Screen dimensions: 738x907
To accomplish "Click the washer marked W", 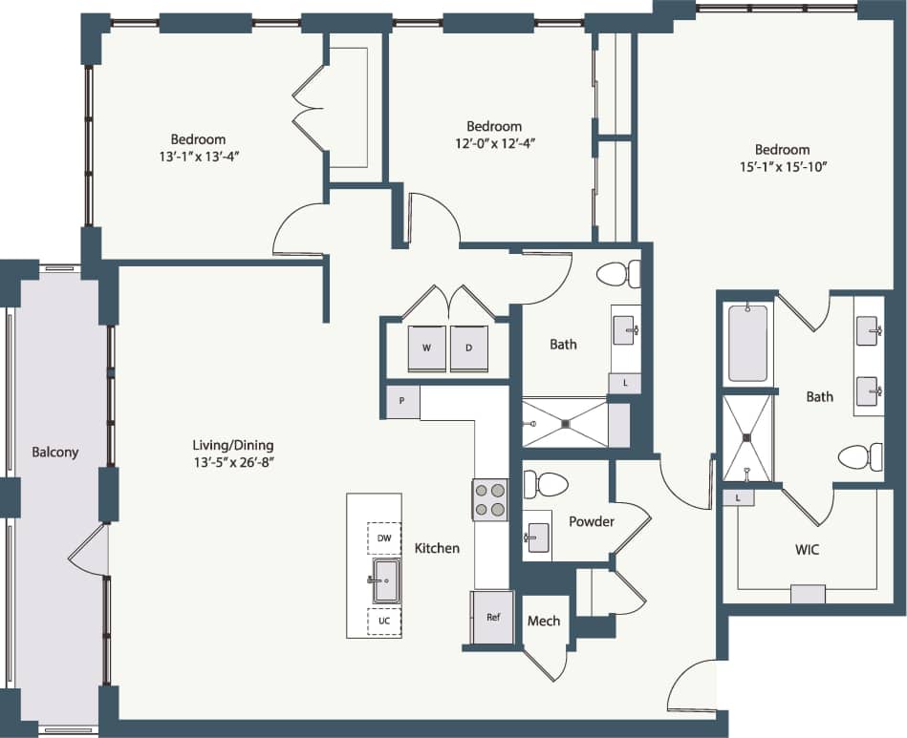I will coord(426,348).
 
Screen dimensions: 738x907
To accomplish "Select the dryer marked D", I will coord(469,348).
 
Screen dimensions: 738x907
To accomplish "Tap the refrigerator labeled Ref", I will coord(493,617).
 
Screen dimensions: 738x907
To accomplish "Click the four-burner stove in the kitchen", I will coord(489,499).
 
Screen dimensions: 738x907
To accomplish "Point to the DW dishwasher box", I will coord(384,538).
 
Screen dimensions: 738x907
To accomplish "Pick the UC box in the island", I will coord(384,621).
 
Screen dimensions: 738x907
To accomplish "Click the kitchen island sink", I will coord(386,580).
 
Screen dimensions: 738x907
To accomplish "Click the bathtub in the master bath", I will coord(747,343).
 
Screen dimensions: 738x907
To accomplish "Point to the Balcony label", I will coord(54,452).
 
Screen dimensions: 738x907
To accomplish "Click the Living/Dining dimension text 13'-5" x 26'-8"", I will coord(233,462).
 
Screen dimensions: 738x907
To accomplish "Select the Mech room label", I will coord(544,621).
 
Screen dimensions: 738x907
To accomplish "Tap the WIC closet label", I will coord(808,550).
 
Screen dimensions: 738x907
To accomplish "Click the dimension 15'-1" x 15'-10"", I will coord(782,166).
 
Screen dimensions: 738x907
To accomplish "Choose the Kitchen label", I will coord(437,548).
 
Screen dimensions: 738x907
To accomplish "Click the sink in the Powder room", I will coord(537,536).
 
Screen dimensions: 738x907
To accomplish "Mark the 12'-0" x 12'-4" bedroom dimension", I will coord(494,143).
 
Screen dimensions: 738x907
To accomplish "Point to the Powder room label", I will coord(592,521).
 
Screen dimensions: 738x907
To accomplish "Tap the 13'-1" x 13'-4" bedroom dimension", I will coord(198,155).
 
